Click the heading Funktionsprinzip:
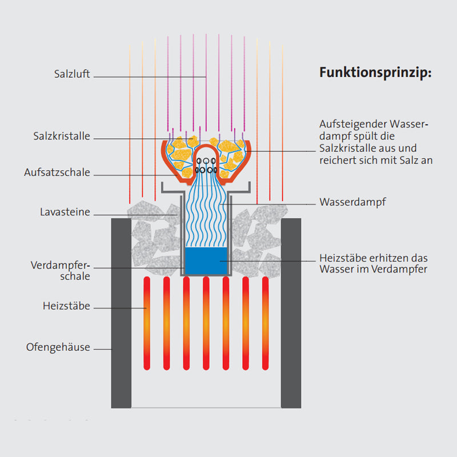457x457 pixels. click(x=375, y=73)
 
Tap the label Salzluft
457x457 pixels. click(x=72, y=74)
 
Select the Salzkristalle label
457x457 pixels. click(x=62, y=137)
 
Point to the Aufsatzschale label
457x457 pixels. click(x=57, y=173)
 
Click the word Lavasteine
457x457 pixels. click(x=65, y=213)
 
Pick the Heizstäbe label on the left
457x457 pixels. click(x=66, y=306)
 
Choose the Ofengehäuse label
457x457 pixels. click(x=58, y=347)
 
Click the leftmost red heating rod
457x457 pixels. click(x=147, y=323)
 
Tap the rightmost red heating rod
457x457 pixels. click(x=265, y=323)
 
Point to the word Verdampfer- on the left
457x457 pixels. click(x=61, y=266)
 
